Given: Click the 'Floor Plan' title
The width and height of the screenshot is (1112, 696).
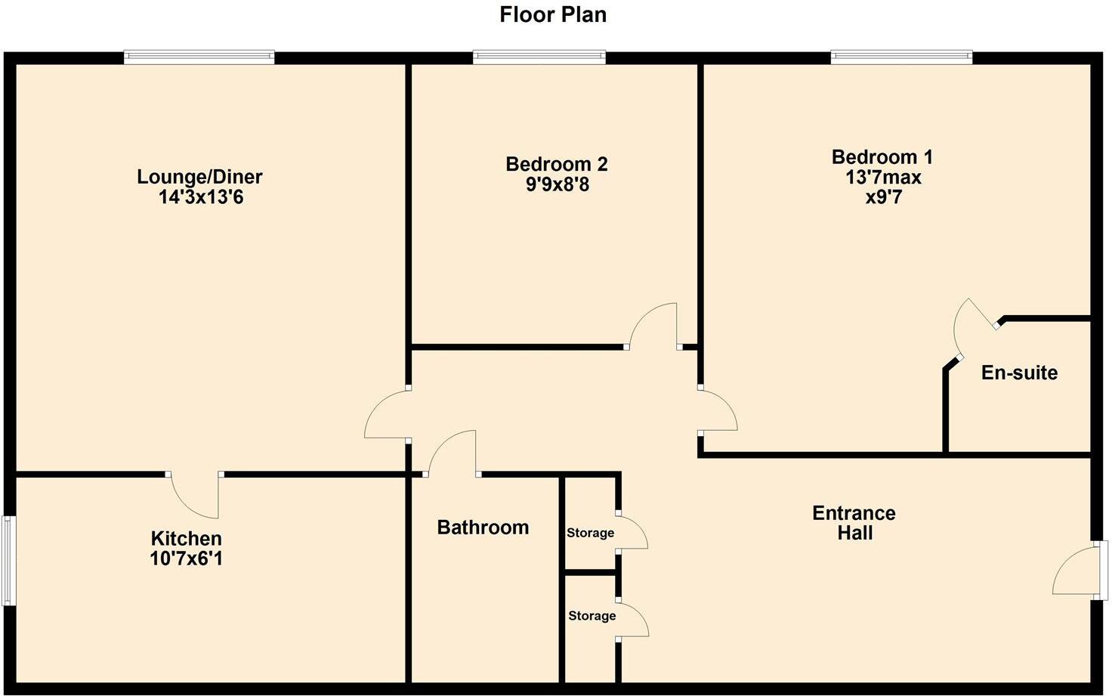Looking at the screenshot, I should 553,14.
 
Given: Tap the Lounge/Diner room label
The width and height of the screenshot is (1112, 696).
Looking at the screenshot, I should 199,177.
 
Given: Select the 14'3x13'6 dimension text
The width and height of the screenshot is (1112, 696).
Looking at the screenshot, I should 199,197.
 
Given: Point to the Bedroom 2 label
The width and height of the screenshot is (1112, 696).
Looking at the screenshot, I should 557,164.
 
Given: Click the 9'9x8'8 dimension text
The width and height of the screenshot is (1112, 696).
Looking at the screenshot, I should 558,184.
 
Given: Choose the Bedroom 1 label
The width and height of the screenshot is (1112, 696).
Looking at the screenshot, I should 882,157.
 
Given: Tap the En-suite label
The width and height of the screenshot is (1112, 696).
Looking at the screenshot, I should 1019,373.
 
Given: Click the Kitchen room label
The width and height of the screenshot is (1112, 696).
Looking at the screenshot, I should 187,539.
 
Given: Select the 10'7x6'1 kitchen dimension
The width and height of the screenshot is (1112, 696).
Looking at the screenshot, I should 187,559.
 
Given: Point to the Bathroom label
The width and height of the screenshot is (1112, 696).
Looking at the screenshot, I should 483,527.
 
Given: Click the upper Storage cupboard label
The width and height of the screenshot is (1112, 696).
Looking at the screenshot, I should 590,533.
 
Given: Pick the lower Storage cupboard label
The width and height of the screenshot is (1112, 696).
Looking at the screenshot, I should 592,616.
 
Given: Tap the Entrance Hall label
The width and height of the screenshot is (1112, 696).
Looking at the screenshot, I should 854,523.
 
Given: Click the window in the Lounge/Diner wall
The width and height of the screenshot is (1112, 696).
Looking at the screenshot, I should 199,56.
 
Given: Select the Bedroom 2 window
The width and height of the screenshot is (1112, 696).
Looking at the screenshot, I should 539,56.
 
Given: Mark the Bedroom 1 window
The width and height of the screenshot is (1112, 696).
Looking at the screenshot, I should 901,56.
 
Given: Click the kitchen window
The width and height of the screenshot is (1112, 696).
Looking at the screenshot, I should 8,560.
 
